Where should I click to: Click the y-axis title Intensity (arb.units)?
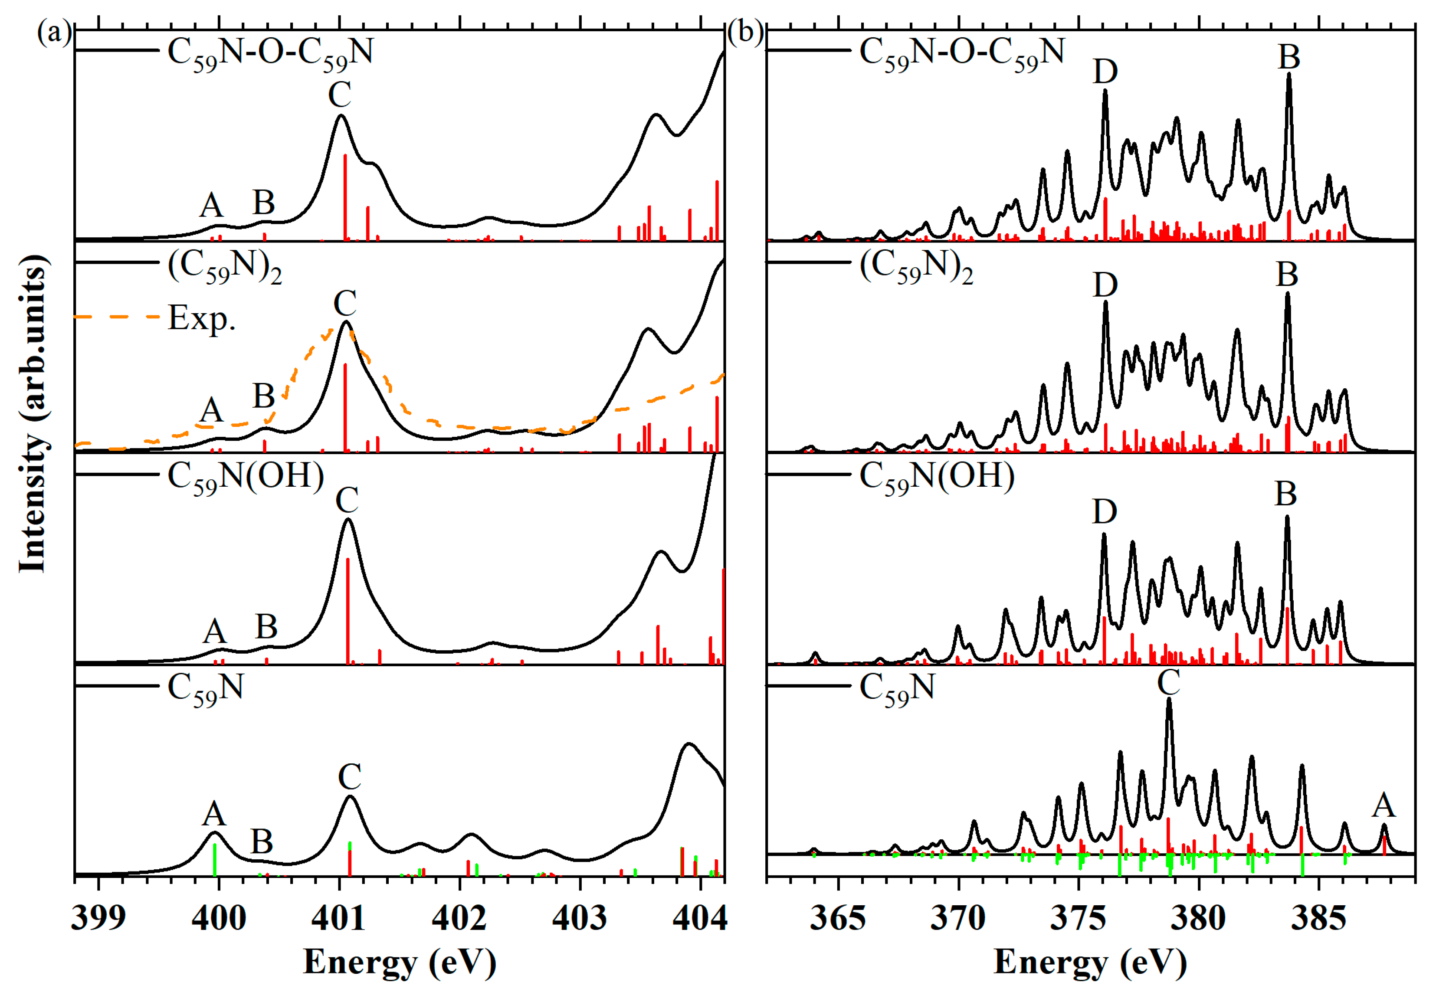click(x=32, y=414)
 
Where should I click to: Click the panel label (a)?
click(x=55, y=32)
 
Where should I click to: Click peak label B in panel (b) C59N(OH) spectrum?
click(x=1286, y=494)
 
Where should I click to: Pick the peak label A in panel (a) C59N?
click(x=214, y=814)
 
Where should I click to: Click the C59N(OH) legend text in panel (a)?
click(x=246, y=478)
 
